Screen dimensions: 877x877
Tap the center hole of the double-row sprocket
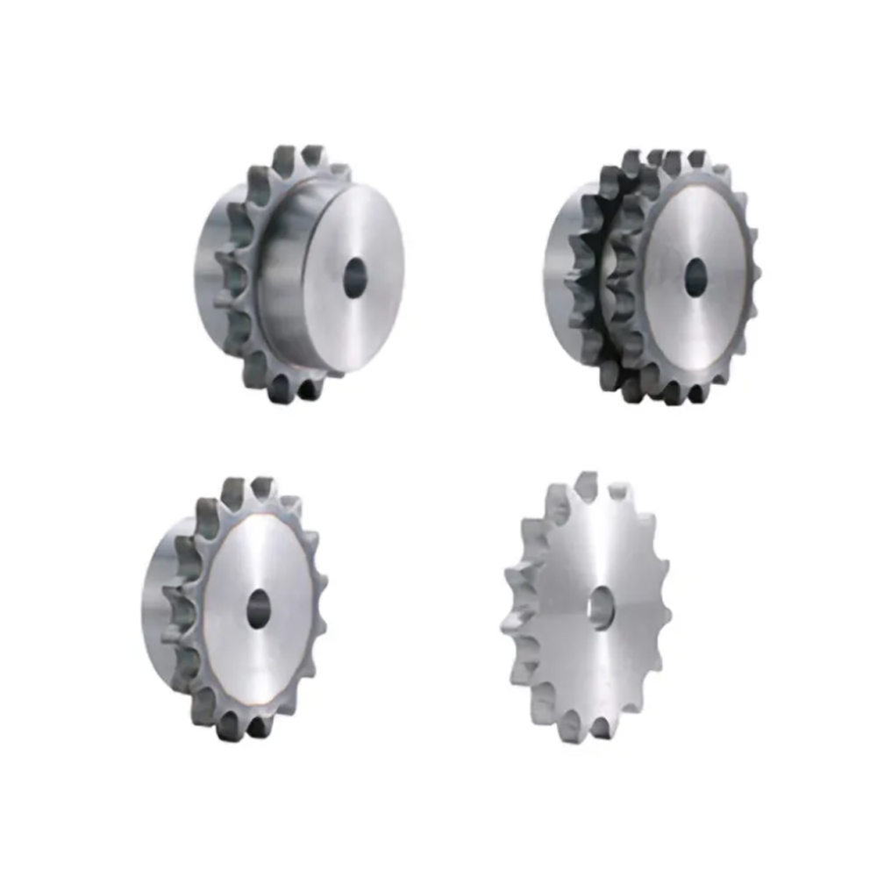695,277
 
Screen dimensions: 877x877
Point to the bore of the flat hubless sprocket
602,606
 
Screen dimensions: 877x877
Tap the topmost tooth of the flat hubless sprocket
586,485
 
